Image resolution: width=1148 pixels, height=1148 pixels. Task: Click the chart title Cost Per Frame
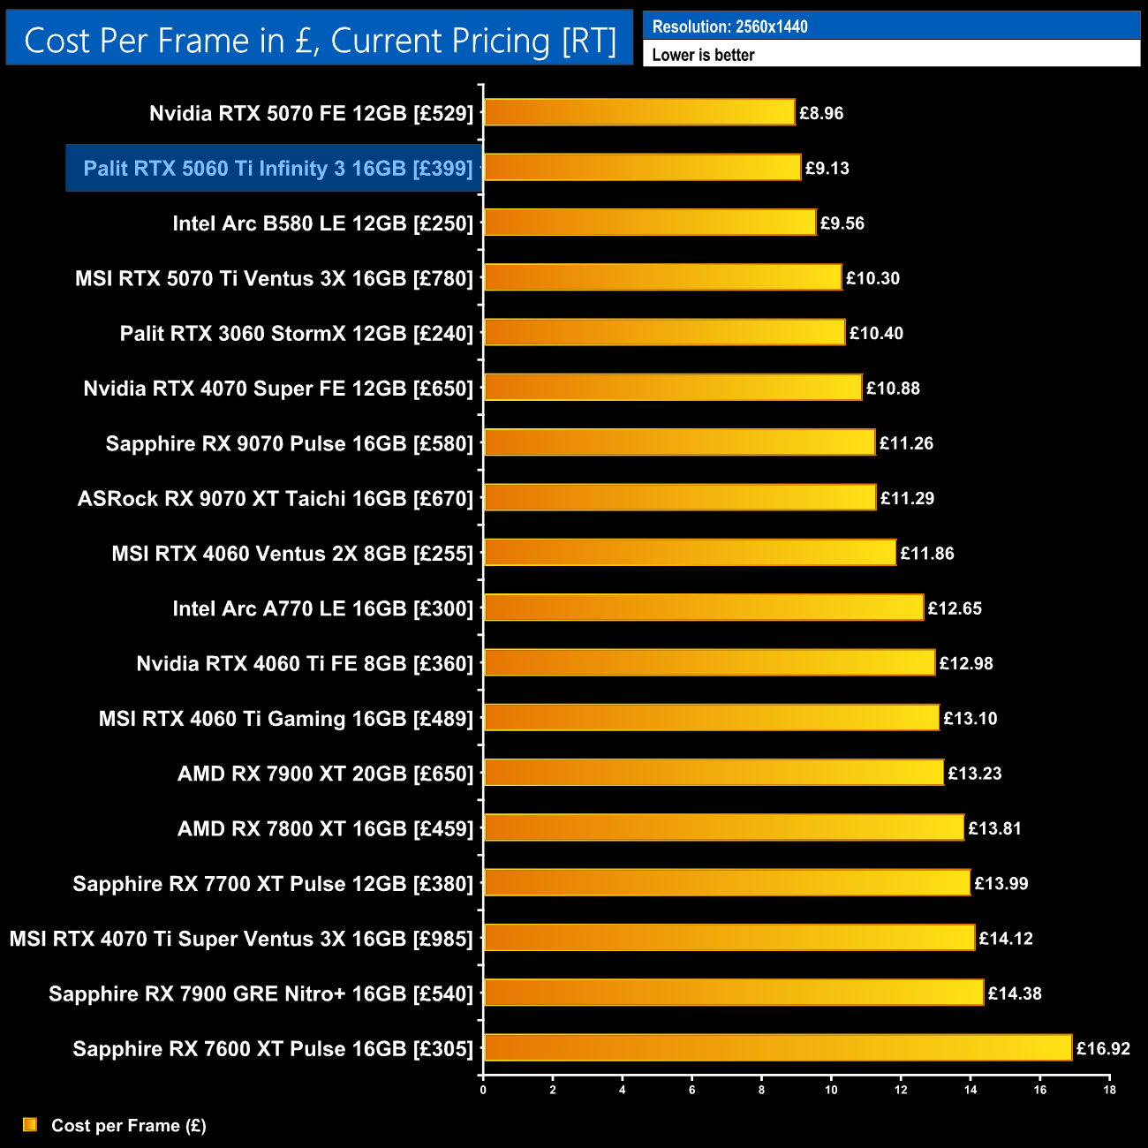(320, 41)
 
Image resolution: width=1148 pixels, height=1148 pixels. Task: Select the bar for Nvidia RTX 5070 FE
(639, 112)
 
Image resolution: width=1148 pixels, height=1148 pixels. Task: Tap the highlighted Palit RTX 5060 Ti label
(278, 168)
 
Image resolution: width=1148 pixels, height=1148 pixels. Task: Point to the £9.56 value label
(842, 223)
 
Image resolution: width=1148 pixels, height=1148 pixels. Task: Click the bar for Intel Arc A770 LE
(704, 608)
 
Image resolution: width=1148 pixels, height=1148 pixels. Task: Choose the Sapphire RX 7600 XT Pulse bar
(778, 1047)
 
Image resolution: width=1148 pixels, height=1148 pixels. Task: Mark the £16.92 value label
(1103, 1049)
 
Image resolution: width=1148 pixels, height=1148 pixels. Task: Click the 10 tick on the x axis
(831, 1090)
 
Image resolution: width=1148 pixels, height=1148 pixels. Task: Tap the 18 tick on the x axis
(1109, 1090)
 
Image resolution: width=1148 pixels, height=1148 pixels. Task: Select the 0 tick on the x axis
(483, 1090)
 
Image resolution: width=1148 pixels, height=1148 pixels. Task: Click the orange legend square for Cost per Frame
(30, 1124)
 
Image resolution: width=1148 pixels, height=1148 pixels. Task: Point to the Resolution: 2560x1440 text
(729, 26)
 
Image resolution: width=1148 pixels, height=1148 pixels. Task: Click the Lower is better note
(703, 55)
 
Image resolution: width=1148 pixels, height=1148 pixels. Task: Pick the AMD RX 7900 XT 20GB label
(325, 774)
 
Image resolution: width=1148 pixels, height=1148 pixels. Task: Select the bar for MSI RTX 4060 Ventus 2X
(690, 552)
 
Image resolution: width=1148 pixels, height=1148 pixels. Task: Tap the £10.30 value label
(872, 278)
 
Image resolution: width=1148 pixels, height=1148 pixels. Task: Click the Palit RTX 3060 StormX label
(297, 333)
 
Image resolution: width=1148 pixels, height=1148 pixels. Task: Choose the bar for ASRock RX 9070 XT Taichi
(680, 497)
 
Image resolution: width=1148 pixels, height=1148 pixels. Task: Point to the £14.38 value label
(1014, 993)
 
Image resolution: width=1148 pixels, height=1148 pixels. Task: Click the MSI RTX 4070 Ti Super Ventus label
(241, 939)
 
